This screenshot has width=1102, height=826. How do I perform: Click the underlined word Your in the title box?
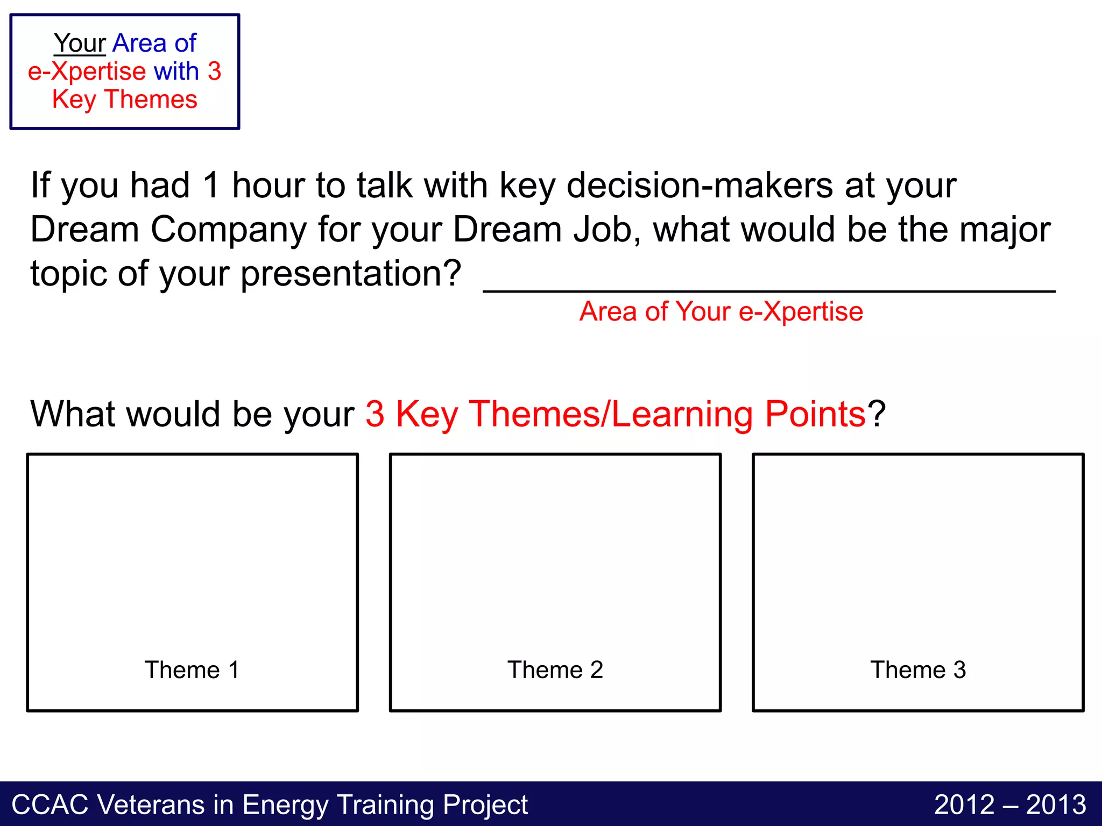click(x=80, y=43)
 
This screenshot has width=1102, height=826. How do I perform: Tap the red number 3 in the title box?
click(x=214, y=72)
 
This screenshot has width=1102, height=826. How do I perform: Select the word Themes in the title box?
click(x=151, y=99)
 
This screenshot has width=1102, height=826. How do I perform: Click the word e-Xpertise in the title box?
click(x=87, y=72)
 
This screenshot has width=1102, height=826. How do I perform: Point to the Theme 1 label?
click(x=192, y=670)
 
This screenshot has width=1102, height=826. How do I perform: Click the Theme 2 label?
click(x=555, y=670)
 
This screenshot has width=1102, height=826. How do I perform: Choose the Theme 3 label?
click(x=918, y=670)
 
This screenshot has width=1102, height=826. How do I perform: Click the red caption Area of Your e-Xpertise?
click(x=721, y=311)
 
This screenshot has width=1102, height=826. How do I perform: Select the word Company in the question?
click(x=229, y=230)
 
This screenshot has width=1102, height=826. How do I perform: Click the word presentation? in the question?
click(x=350, y=274)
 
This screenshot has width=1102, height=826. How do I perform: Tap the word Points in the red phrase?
click(x=815, y=414)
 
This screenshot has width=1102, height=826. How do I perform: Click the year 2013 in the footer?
click(x=1056, y=805)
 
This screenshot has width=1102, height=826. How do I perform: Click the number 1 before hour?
click(x=211, y=186)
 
